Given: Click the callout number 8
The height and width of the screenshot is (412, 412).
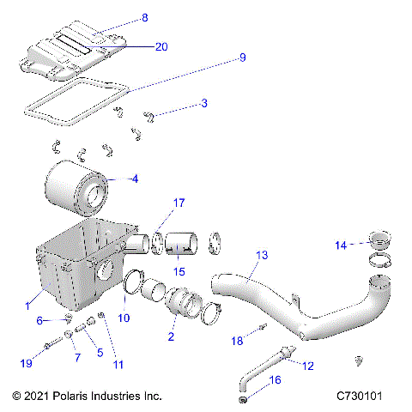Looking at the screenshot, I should coord(144,17).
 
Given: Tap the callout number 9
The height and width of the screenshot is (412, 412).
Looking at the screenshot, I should coord(242,58).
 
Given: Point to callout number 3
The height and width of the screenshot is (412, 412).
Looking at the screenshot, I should coord(203,104).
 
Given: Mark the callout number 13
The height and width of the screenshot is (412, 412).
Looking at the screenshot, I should coord(262,256).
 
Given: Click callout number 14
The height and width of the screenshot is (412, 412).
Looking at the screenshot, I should coord(342,245).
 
